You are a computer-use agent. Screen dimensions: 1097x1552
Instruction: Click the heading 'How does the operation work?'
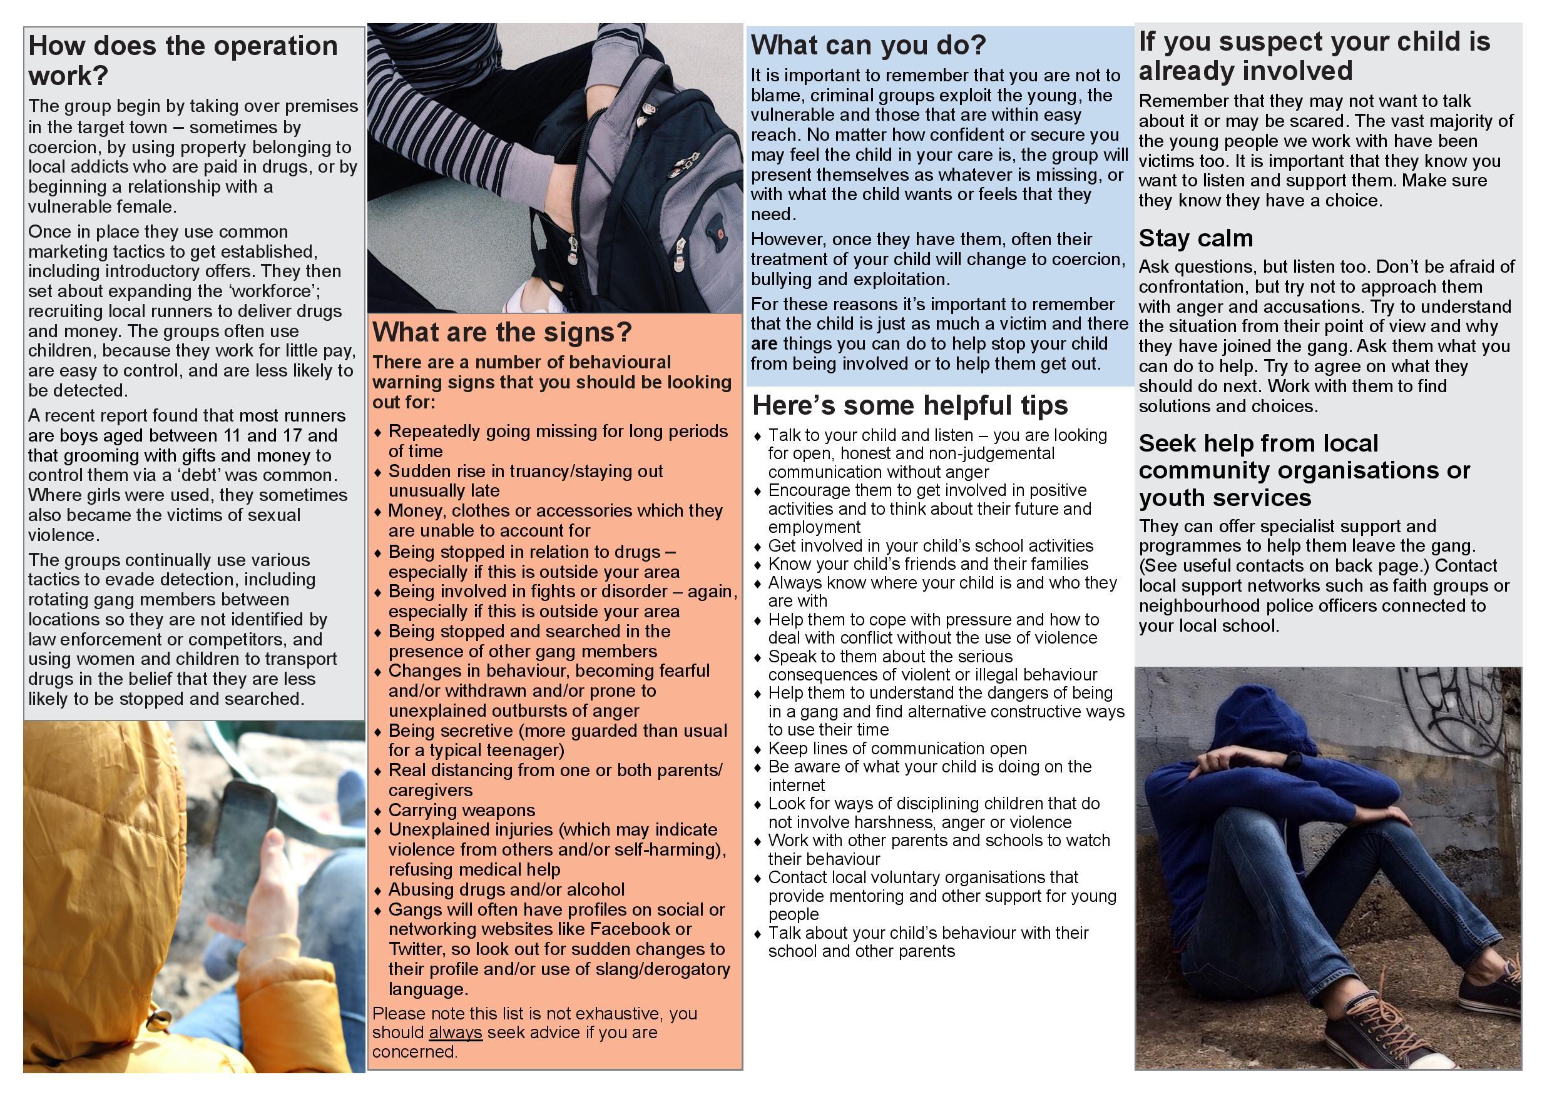pyautogui.click(x=183, y=60)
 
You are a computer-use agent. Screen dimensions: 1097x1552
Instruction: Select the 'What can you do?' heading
pyautogui.click(x=869, y=45)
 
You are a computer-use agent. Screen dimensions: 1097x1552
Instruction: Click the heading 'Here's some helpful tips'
pyautogui.click(x=910, y=405)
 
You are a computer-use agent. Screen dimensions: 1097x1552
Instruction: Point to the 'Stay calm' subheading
pyautogui.click(x=1195, y=238)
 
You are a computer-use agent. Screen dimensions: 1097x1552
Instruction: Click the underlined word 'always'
pyautogui.click(x=455, y=1033)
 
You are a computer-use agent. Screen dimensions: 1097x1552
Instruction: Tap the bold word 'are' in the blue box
pyautogui.click(x=764, y=344)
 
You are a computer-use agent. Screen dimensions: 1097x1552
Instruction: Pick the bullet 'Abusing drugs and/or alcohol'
pyautogui.click(x=506, y=889)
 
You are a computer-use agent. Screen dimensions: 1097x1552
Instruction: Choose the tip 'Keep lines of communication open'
pyautogui.click(x=897, y=749)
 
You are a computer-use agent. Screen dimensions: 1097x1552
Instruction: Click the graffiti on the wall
pyautogui.click(x=1460, y=716)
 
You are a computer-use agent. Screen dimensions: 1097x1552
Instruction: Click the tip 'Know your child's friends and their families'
pyautogui.click(x=928, y=564)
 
